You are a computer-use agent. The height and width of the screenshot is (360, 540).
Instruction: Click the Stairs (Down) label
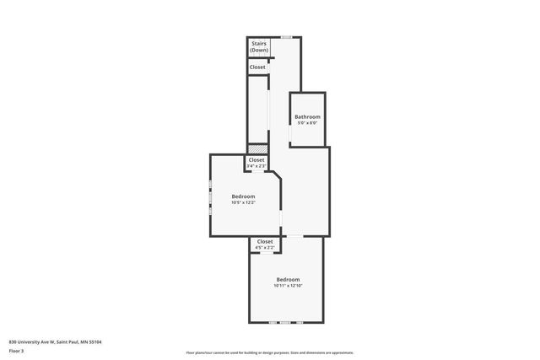click(x=259, y=47)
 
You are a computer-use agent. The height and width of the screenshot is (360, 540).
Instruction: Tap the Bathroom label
click(x=306, y=116)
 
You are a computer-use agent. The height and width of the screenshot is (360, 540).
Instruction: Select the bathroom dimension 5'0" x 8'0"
click(x=306, y=123)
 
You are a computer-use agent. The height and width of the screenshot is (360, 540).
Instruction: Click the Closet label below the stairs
click(x=257, y=67)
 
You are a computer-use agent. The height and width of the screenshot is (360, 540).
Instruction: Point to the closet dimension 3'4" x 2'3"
click(x=256, y=166)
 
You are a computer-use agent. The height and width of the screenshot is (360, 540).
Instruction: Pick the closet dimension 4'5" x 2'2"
click(x=264, y=248)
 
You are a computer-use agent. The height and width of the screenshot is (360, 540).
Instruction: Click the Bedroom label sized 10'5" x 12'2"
click(x=243, y=196)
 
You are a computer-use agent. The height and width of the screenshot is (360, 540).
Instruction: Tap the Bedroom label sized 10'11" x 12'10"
click(x=288, y=279)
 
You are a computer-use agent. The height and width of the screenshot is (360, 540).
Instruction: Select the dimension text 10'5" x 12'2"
click(x=243, y=202)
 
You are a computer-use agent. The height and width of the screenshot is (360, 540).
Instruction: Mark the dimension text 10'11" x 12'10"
click(x=288, y=286)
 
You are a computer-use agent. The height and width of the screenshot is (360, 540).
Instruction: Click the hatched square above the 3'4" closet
click(x=256, y=148)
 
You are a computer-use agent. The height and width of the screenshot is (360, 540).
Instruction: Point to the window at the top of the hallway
click(x=287, y=37)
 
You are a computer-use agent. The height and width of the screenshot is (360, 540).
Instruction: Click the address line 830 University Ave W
click(x=55, y=341)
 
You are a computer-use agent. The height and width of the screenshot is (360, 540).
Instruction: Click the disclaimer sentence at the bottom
click(x=270, y=352)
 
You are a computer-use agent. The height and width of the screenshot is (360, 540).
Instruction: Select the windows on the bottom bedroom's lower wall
click(x=285, y=322)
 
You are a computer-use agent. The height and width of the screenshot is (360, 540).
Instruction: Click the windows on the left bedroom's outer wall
click(x=211, y=196)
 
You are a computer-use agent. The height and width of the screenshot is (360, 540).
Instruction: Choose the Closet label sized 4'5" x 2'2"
click(x=264, y=241)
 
